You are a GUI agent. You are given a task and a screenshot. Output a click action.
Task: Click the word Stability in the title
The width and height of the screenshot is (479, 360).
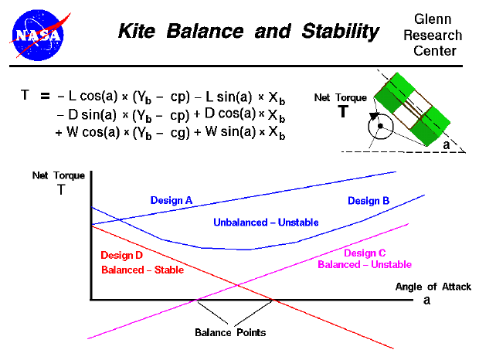coord(338,32)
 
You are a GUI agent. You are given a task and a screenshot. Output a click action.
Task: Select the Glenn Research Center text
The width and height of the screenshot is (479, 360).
coord(437,36)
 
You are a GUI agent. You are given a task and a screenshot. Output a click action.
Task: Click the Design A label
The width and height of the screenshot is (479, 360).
coord(172,200)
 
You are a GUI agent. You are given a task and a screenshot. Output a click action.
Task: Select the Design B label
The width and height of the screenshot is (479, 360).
coord(369,201)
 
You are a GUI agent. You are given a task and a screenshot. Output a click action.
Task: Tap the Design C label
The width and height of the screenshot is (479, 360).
coord(365,253)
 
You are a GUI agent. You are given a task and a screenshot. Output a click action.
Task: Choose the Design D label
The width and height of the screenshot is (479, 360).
coord(122,254)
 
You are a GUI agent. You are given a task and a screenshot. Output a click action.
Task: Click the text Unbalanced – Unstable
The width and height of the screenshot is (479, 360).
coord(266,222)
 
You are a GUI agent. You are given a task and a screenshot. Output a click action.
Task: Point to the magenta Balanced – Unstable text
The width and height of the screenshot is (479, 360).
coord(365,265)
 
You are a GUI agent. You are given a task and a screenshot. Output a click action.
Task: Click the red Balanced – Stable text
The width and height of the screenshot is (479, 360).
coord(143,270)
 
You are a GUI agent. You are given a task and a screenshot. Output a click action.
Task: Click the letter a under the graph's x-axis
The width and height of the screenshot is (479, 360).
coord(426,301)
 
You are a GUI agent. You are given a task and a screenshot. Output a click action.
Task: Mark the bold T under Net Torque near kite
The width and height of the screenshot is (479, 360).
coord(342,111)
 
